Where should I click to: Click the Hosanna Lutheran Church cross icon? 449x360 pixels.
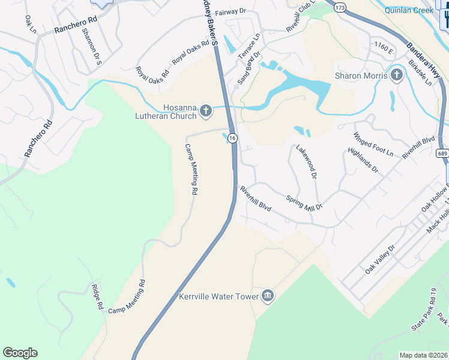coord(205,110)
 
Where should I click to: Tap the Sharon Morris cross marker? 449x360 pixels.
coord(396,76)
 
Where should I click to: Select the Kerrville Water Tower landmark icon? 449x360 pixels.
coord(268,296)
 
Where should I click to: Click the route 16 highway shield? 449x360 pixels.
coord(232,138)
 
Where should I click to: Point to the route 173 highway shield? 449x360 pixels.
coord(340,7)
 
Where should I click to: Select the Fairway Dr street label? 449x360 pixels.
coord(231,11)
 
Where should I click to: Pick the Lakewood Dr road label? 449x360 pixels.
coord(306,162)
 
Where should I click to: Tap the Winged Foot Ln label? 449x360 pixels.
coord(373,145)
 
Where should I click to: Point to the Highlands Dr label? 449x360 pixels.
coord(363,160)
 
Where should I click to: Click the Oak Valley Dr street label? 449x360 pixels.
coord(381,259)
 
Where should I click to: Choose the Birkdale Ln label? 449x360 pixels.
coord(420,73)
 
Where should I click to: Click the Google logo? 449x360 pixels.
coord(20,353)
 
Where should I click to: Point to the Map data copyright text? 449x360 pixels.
coord(423,355)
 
